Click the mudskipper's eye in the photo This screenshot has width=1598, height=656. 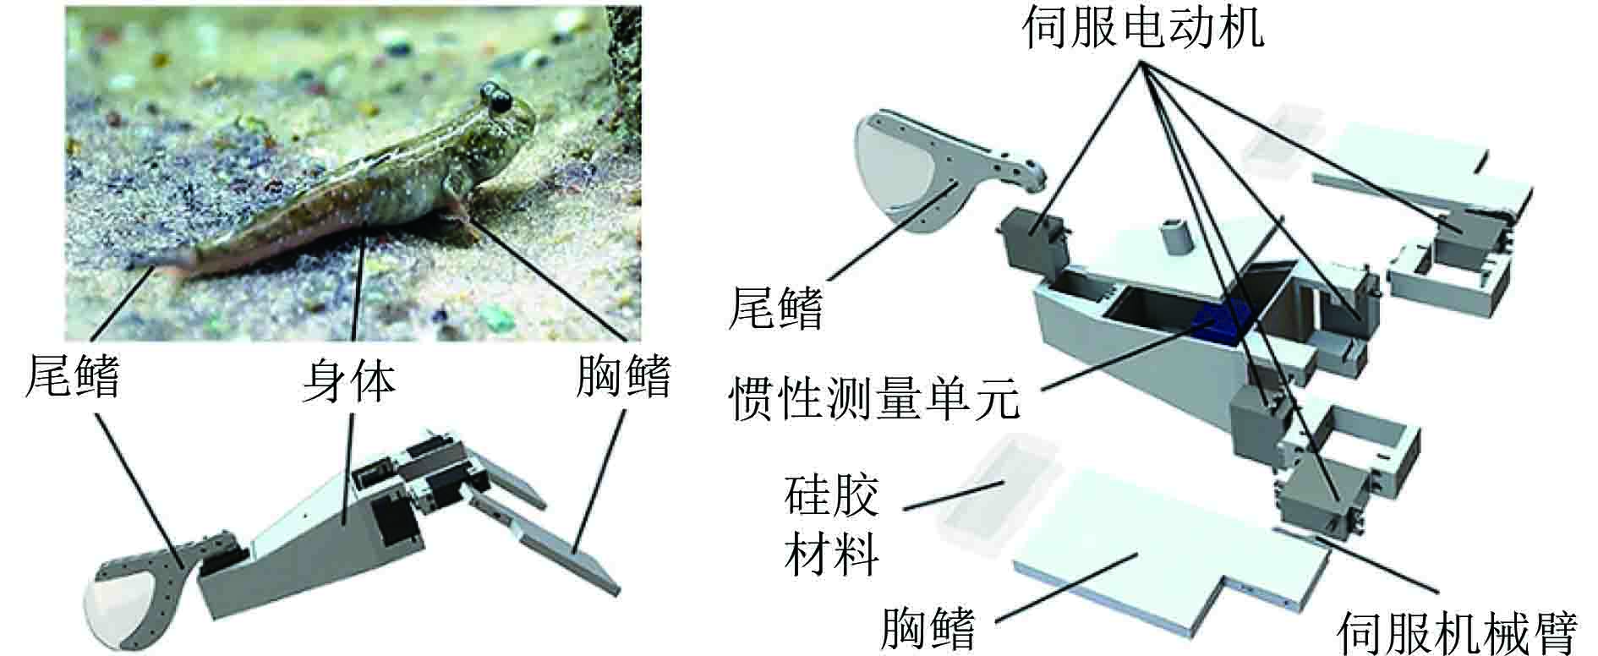(x=497, y=100)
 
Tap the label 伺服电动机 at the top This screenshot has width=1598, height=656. (x=1142, y=28)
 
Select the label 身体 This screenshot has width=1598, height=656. (x=349, y=382)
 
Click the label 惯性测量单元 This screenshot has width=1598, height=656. (x=873, y=397)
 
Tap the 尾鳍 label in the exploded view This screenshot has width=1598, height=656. (x=775, y=306)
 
